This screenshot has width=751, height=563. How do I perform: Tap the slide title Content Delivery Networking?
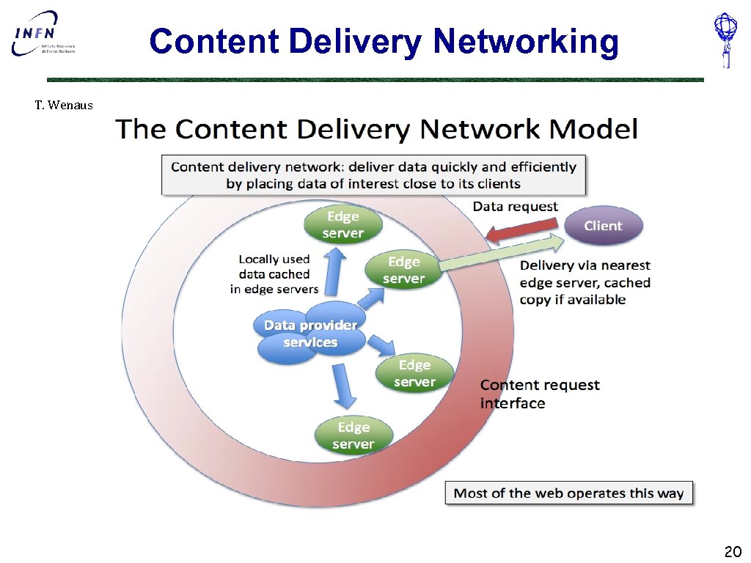(384, 41)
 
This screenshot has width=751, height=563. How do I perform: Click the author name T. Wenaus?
(64, 106)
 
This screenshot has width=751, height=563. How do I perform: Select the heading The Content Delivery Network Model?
(376, 130)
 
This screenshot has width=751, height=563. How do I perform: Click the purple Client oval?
(602, 226)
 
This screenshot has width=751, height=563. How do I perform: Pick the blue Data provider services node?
(310, 334)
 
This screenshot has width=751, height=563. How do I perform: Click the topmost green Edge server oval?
(342, 225)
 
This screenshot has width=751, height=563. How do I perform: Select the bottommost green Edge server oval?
(353, 435)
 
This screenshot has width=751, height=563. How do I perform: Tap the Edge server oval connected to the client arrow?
(403, 270)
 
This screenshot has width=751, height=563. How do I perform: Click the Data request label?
(515, 207)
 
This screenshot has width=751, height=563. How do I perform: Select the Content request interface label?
(539, 394)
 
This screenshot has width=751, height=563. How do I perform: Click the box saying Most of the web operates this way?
(568, 493)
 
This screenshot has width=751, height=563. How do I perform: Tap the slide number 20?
(733, 551)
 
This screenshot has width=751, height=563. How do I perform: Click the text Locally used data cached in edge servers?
(274, 274)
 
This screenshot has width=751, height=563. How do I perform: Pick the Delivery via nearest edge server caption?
(585, 282)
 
